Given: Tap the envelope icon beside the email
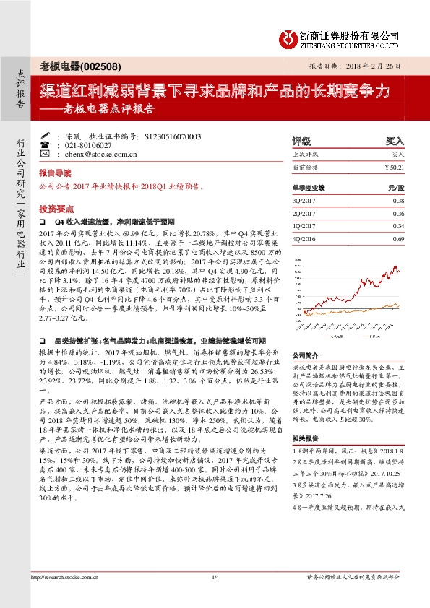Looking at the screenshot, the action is [x=45, y=154].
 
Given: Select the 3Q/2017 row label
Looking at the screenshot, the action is [x=305, y=201].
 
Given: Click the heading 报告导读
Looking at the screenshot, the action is [x=56, y=173].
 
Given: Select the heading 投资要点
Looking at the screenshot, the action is [x=56, y=207].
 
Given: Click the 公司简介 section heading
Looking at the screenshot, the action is [x=306, y=356].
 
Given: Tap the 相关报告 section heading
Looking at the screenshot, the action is [x=306, y=438].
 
